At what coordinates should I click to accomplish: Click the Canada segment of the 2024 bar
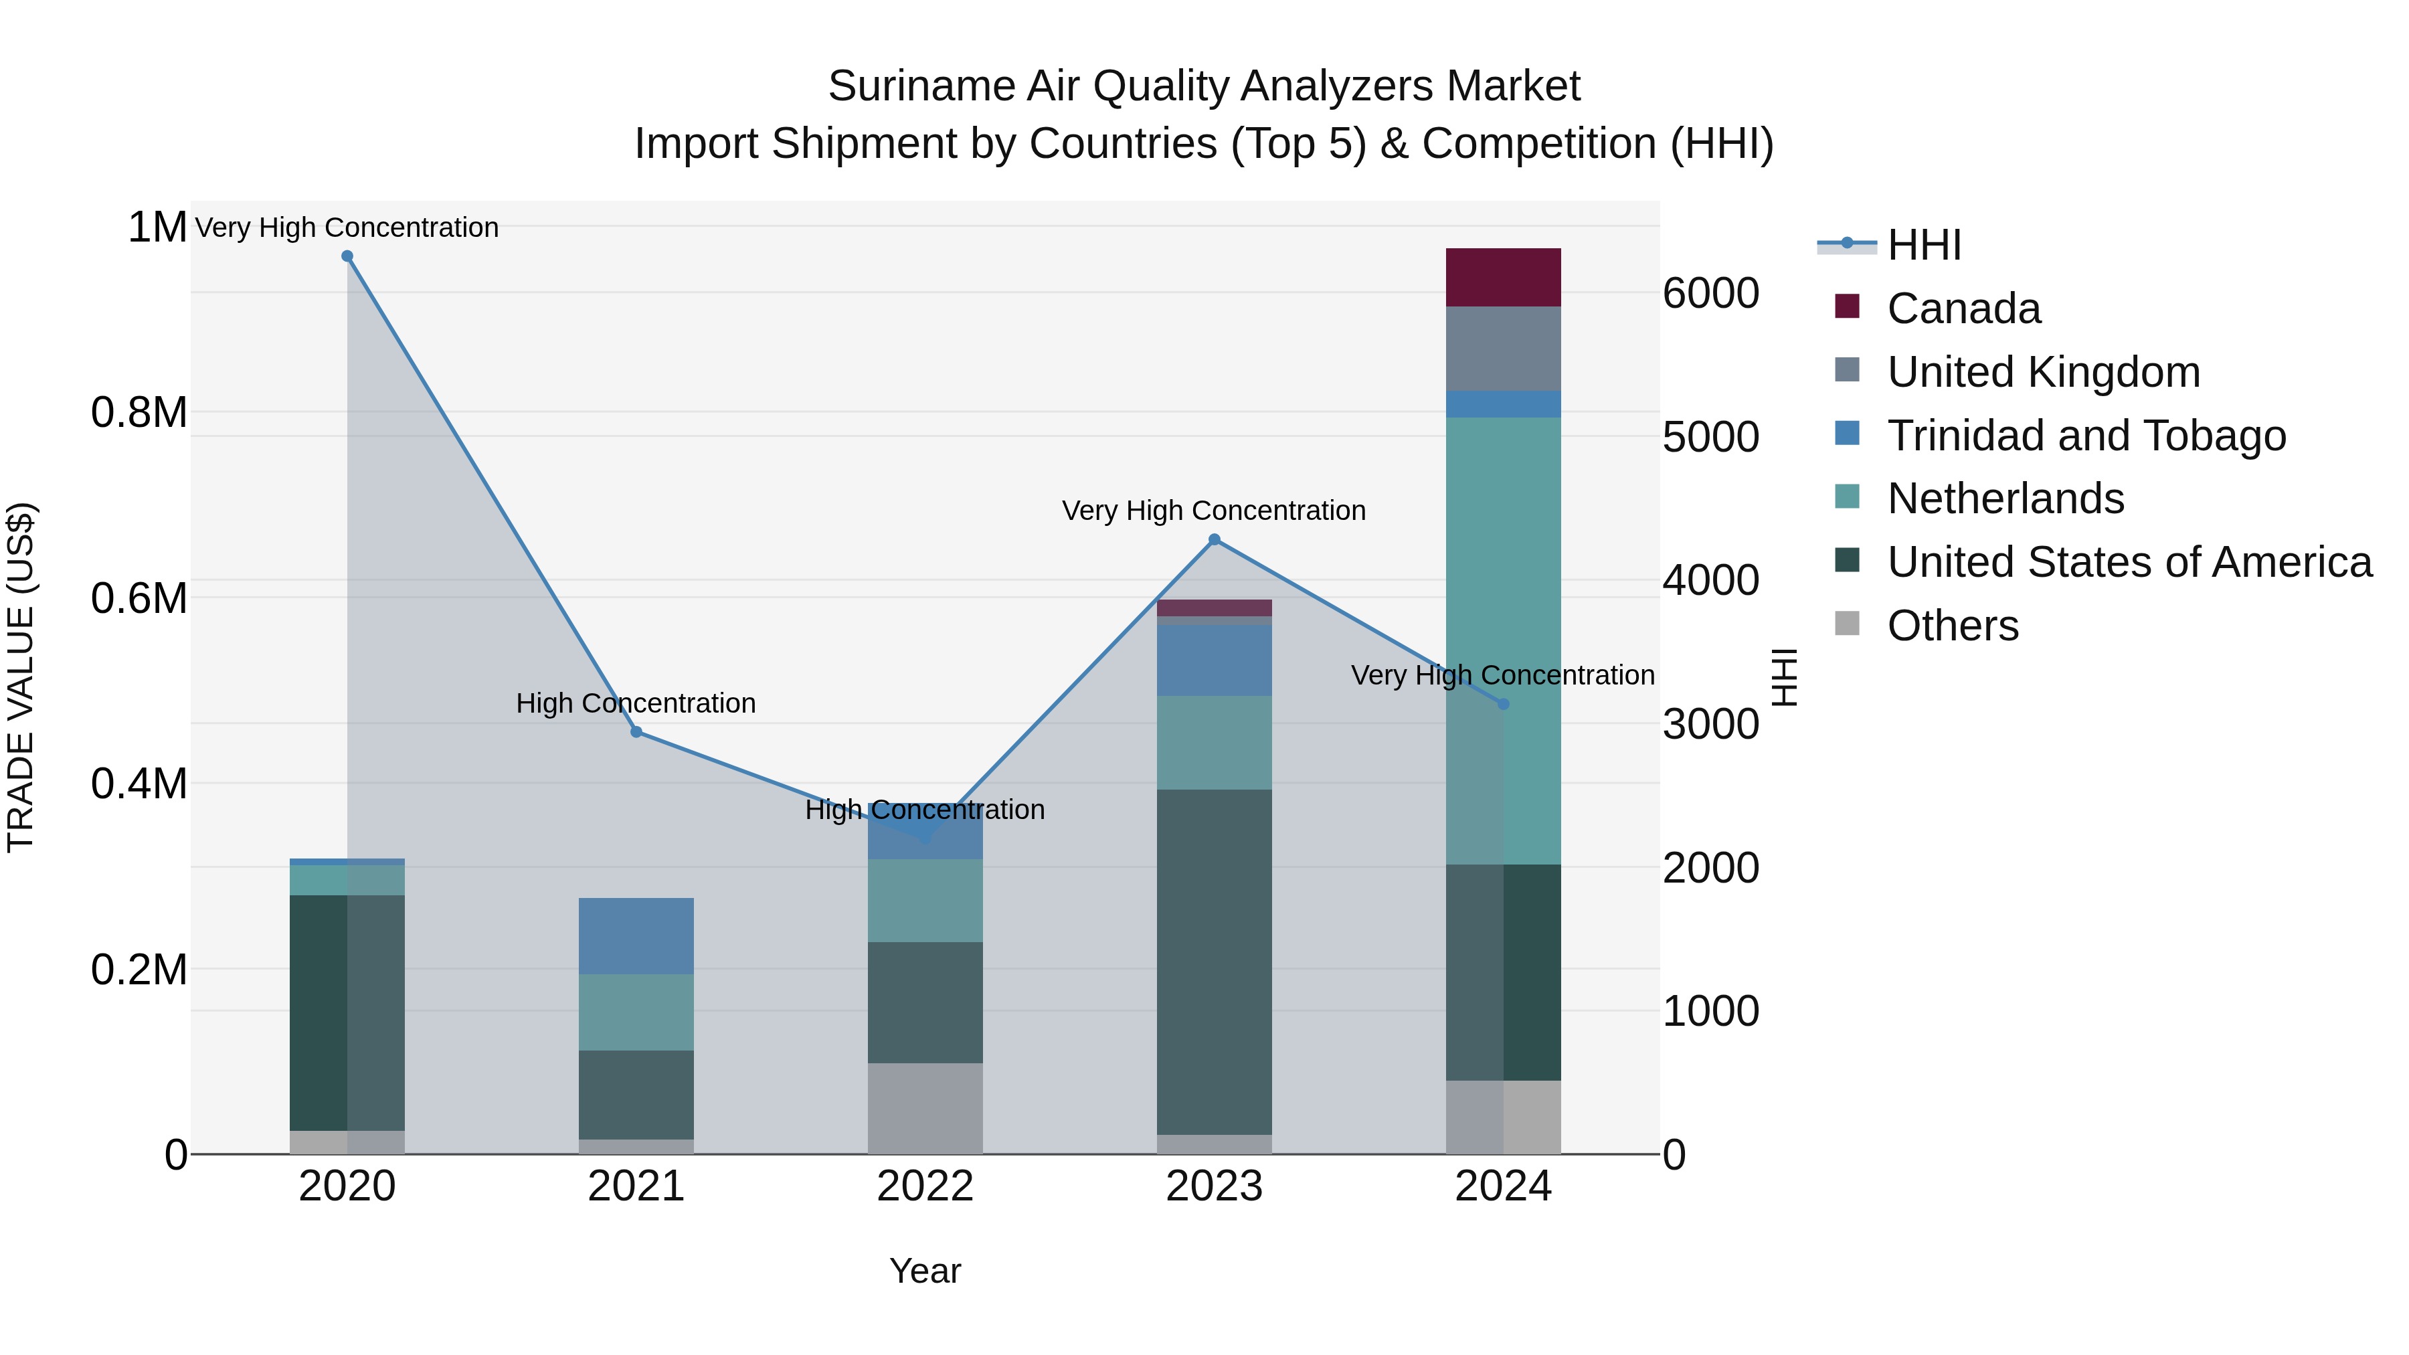[1503, 277]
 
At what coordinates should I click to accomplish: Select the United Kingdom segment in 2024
[1503, 348]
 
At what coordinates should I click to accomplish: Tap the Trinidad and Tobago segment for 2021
[636, 935]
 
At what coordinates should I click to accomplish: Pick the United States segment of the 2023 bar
[1214, 962]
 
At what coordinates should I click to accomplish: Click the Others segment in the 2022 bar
[925, 1107]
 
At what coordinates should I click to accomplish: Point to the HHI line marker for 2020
[347, 256]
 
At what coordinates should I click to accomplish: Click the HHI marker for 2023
[1214, 539]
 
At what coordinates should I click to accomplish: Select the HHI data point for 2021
[636, 732]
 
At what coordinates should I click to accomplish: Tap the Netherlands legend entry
[2005, 499]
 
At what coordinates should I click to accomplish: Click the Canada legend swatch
[1847, 306]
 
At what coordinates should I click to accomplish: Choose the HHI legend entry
[1924, 245]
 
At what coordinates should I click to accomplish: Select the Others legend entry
[1953, 626]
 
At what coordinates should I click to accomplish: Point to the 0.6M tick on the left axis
[139, 598]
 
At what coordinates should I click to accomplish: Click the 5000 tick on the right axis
[1710, 437]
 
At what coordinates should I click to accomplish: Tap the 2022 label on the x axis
[925, 1186]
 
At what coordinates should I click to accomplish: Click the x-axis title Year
[925, 1271]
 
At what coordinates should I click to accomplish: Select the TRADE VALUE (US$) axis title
[21, 677]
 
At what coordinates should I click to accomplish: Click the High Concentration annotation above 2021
[636, 703]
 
